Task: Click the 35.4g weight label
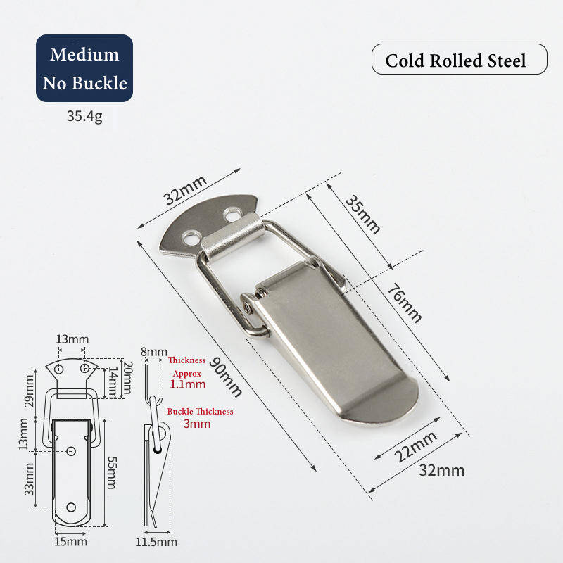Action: (x=84, y=116)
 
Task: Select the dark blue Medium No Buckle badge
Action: (x=84, y=68)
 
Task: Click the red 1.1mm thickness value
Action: (x=188, y=384)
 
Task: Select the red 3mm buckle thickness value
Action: (x=197, y=424)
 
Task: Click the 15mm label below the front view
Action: (x=71, y=541)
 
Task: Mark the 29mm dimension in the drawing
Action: (x=30, y=390)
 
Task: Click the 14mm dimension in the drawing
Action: (x=113, y=381)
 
